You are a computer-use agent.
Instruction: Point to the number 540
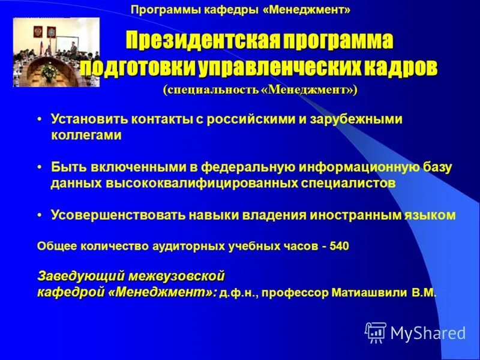pyautogui.click(x=338, y=246)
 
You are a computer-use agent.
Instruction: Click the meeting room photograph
pyautogui.click(x=56, y=52)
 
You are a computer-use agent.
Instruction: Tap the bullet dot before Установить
pyautogui.click(x=39, y=120)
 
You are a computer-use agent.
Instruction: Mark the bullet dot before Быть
pyautogui.click(x=39, y=168)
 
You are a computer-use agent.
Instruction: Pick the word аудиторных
pyautogui.click(x=189, y=246)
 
